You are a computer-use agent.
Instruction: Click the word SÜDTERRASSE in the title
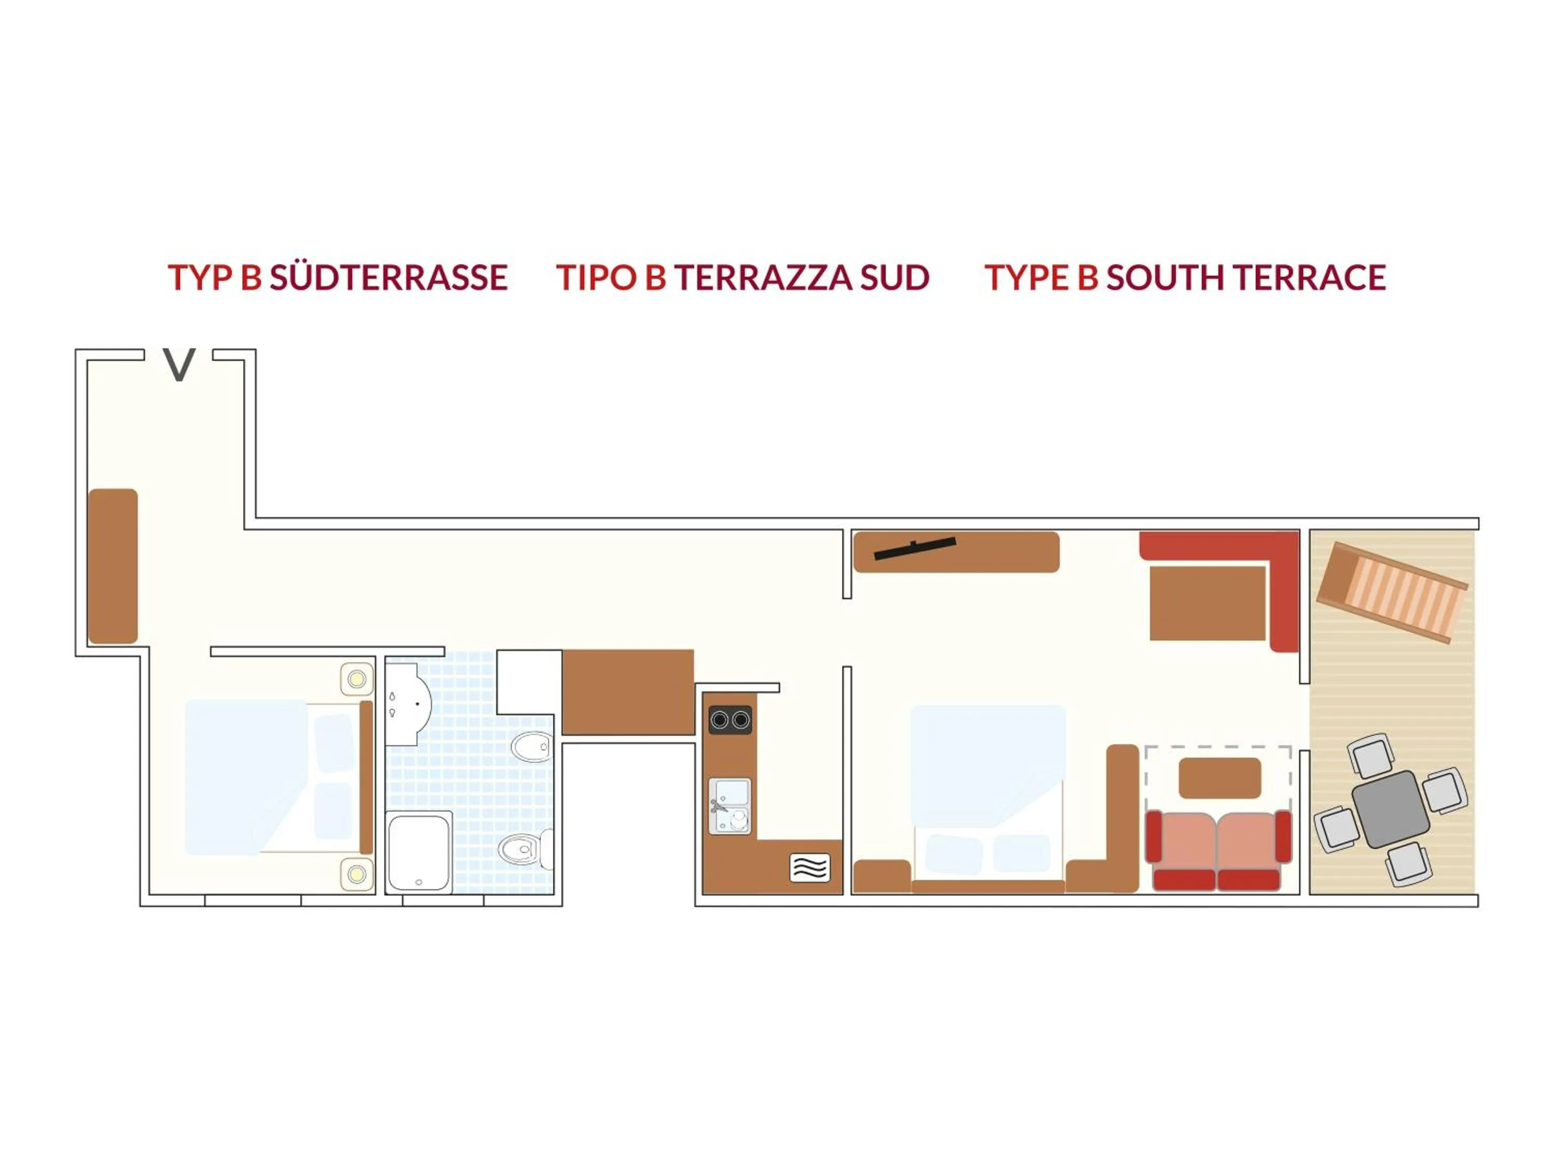(x=388, y=278)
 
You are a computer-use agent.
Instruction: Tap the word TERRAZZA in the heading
(x=762, y=278)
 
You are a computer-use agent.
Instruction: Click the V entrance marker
(x=179, y=365)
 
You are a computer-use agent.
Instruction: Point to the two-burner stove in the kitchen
(x=730, y=720)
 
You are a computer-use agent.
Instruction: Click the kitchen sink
(x=730, y=806)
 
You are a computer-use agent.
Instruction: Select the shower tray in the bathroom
(x=419, y=852)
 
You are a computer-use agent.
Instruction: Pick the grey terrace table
(x=1390, y=809)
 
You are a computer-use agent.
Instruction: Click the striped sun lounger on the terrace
(x=1392, y=592)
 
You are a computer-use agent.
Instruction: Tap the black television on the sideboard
(x=915, y=548)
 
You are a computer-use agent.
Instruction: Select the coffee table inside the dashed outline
(x=1219, y=777)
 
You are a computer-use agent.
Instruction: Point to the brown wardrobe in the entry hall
(x=112, y=566)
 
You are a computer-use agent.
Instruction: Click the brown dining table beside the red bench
(x=1207, y=603)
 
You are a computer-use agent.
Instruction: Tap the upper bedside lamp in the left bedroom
(x=357, y=679)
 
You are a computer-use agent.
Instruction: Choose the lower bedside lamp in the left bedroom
(x=357, y=874)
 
